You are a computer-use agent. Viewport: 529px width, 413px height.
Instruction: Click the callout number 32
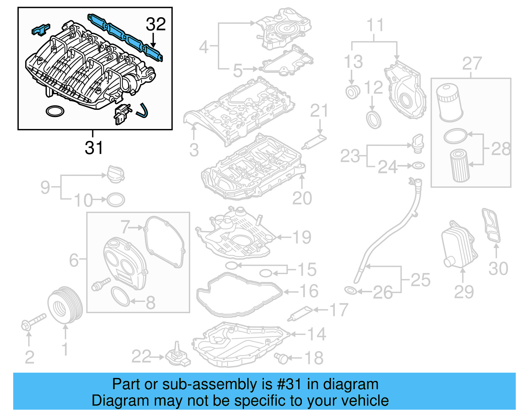pyautogui.click(x=156, y=24)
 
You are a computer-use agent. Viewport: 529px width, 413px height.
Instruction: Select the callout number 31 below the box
pyautogui.click(x=94, y=147)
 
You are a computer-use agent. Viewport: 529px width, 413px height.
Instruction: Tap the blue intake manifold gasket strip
pyautogui.click(x=126, y=37)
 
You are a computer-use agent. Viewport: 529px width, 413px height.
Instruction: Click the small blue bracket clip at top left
pyautogui.click(x=41, y=29)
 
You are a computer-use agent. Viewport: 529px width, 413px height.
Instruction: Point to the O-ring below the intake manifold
pyautogui.click(x=55, y=111)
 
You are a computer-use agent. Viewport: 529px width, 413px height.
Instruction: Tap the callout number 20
pyautogui.click(x=302, y=198)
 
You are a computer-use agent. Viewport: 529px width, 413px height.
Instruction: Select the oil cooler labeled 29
pyautogui.click(x=459, y=245)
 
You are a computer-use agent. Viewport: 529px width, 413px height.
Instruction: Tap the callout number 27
pyautogui.click(x=472, y=63)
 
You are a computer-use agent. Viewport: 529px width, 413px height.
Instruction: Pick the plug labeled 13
pyautogui.click(x=352, y=92)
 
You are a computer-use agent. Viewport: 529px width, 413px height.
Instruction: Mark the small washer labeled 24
pyautogui.click(x=418, y=165)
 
